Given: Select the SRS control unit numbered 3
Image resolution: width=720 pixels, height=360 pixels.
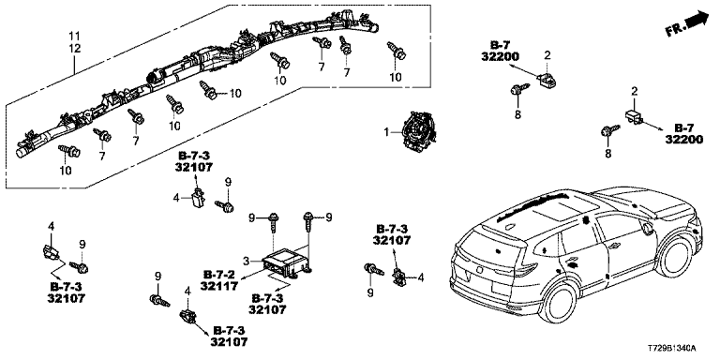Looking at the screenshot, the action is pos(285,262).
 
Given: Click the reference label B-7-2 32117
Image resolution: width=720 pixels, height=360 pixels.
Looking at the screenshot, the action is pos(219,280).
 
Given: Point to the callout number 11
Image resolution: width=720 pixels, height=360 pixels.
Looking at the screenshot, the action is pos(75,36).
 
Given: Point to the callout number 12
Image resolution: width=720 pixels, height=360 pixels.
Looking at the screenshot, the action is pos(75,48).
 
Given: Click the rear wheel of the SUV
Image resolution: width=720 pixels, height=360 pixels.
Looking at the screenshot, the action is pos(558,304).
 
